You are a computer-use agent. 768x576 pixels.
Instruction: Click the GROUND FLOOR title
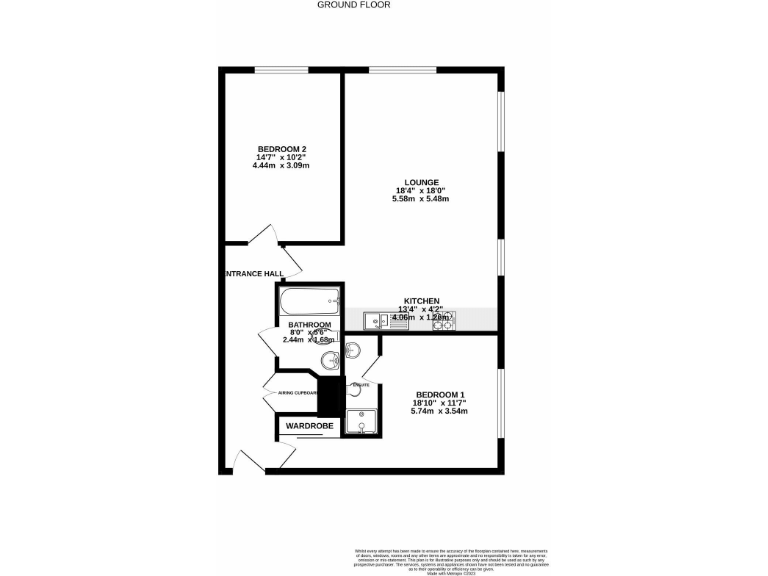(x=353, y=5)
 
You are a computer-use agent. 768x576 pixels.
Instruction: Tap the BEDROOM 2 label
(x=281, y=149)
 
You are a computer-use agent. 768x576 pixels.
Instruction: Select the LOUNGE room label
(x=421, y=182)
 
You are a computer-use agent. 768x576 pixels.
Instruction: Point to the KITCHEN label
(x=421, y=301)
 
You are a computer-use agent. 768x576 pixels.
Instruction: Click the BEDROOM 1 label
(x=440, y=394)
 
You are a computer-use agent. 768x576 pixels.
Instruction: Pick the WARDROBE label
(x=309, y=426)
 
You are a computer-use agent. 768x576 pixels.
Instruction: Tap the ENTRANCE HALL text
(x=254, y=273)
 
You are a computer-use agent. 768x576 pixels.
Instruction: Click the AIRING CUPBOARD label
(x=291, y=393)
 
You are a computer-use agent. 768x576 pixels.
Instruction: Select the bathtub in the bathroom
(x=311, y=303)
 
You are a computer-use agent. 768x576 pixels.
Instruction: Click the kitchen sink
(x=380, y=321)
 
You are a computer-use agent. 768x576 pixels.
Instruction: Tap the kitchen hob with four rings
(x=443, y=321)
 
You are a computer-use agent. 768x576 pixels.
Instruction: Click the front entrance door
(x=247, y=460)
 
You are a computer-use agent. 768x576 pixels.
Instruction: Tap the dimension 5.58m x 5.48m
(x=421, y=199)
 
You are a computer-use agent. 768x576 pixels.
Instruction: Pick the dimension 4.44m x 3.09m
(x=281, y=165)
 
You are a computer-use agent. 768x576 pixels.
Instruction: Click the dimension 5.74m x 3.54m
(x=440, y=411)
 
